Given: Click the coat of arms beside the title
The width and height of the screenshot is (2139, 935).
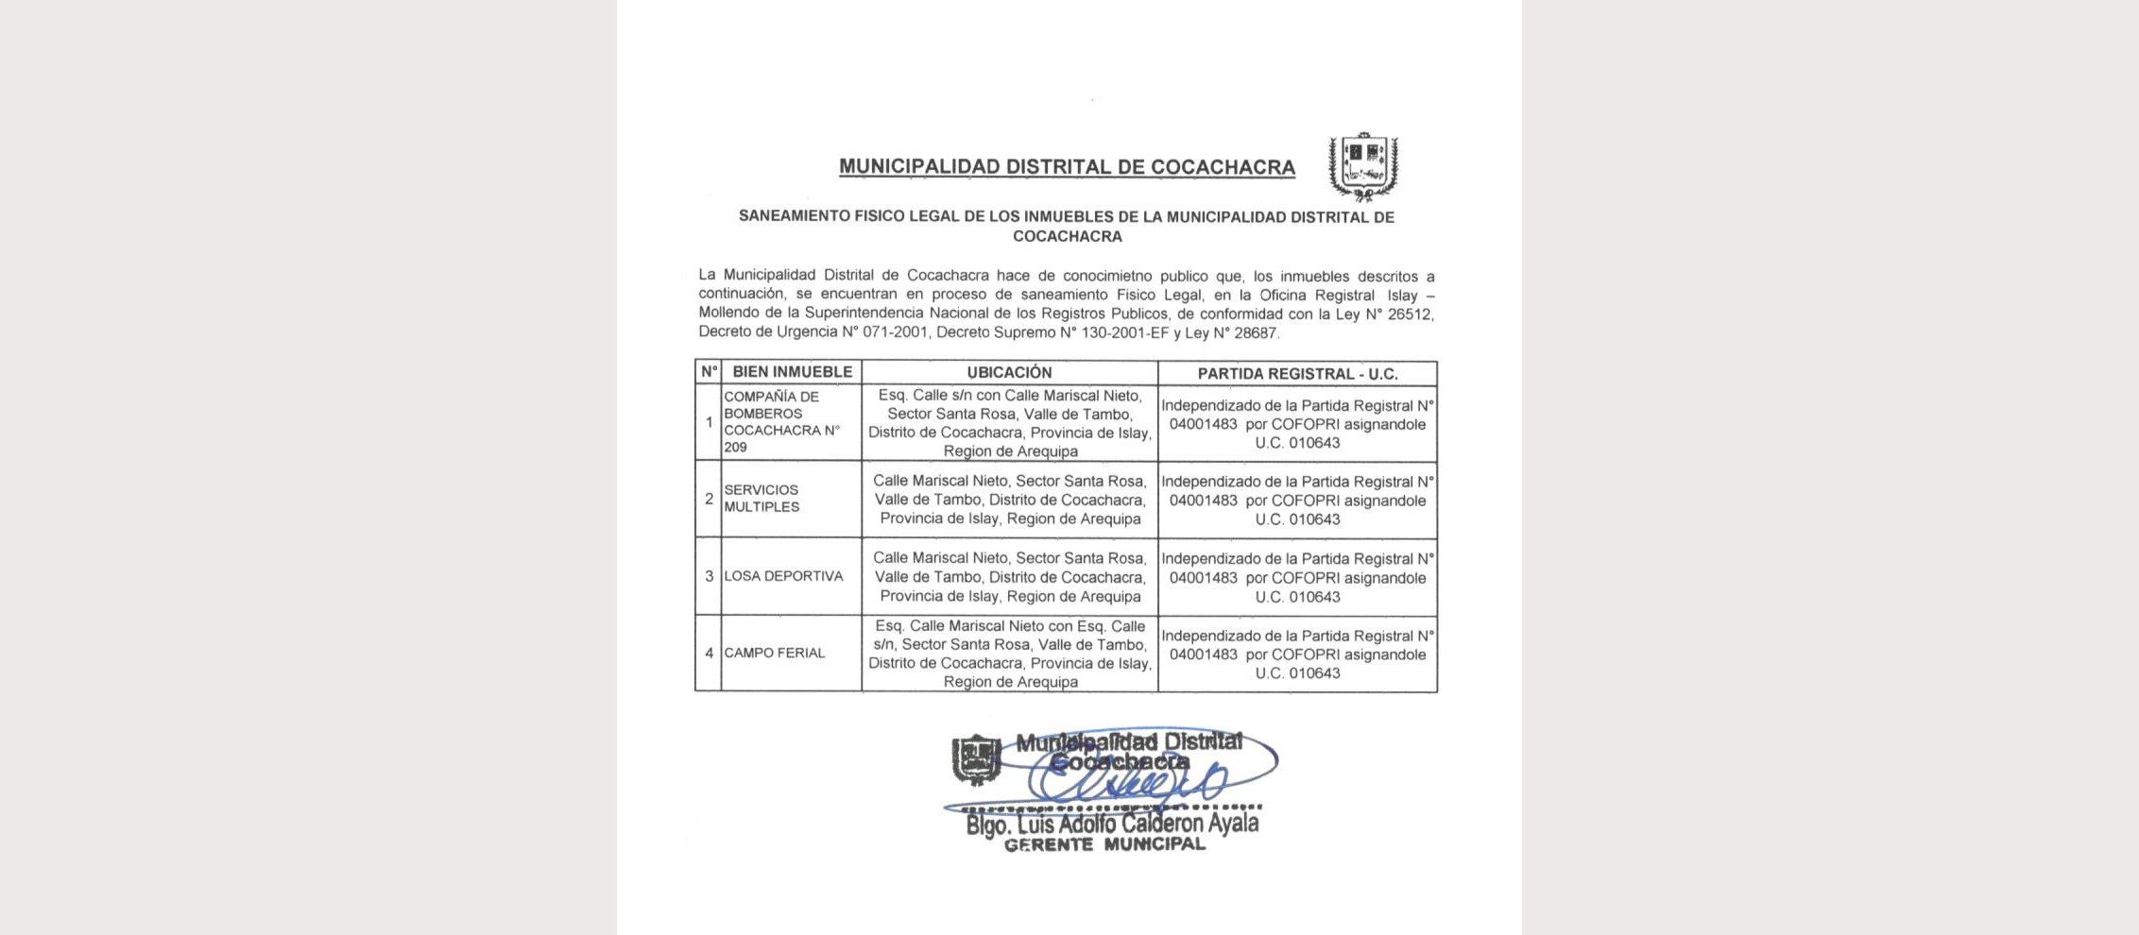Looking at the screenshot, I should [1363, 166].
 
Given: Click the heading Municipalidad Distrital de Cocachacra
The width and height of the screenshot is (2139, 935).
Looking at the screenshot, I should [1067, 167].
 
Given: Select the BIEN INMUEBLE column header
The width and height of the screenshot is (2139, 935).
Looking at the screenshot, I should [792, 372].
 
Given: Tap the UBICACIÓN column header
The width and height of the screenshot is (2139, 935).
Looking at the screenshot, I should [1009, 372].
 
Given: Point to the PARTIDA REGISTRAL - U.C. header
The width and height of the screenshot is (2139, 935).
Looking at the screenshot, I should [1297, 374].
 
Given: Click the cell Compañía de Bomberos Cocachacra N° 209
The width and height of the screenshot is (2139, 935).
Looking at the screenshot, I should [782, 422].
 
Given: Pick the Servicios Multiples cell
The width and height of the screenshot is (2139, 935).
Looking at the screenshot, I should [761, 499].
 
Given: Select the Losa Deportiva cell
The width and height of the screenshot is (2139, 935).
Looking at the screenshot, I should [783, 576].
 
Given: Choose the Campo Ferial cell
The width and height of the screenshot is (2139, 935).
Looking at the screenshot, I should [775, 653].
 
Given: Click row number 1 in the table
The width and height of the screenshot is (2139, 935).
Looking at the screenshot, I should [709, 422].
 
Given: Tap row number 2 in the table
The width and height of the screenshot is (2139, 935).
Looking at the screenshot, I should [709, 499].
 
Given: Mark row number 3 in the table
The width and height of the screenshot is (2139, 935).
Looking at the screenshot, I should [709, 576].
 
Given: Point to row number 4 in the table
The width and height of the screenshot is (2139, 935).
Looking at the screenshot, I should [709, 653].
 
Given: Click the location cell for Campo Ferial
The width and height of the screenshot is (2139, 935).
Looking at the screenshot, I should [1009, 654].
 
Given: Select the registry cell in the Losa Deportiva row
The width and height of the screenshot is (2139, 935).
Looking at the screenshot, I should [1297, 577].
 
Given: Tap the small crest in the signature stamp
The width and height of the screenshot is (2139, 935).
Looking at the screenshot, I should [976, 759].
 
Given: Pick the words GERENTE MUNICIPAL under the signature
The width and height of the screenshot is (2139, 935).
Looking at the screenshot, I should [1104, 845].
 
